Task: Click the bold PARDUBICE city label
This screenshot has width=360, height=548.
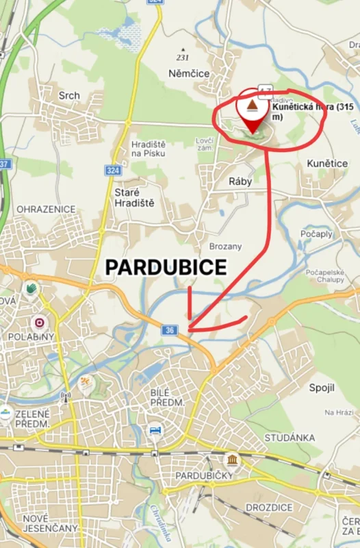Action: (x=166, y=268)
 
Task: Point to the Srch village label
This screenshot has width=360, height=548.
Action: (x=69, y=95)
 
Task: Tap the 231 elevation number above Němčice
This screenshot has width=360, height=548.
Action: (x=182, y=57)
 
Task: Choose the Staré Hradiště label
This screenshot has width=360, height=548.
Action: (x=134, y=197)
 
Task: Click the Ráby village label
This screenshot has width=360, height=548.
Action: (x=240, y=182)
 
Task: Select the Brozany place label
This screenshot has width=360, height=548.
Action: (x=224, y=245)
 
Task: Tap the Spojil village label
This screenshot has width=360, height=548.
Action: (x=322, y=388)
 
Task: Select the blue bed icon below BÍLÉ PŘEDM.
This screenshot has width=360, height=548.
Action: (x=156, y=430)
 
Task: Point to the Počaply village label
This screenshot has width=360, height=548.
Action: (x=316, y=234)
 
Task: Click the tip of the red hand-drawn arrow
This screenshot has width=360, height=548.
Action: (x=190, y=329)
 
